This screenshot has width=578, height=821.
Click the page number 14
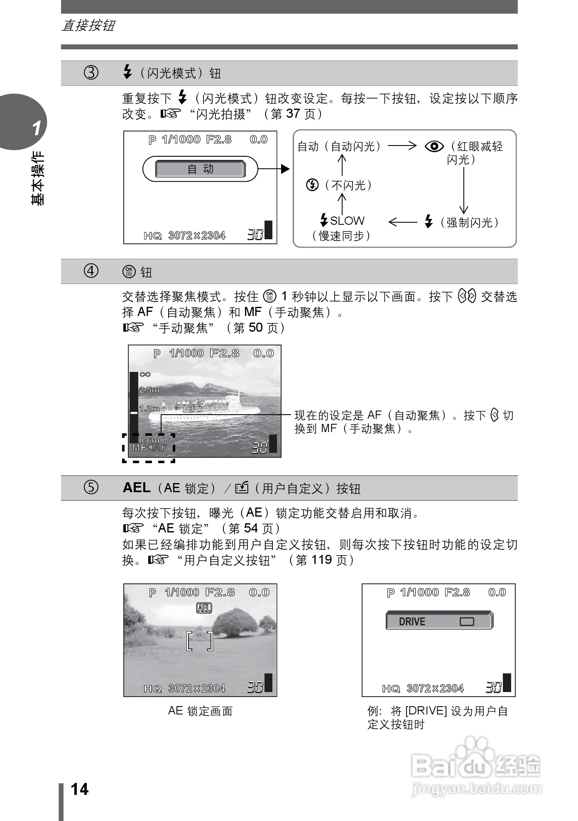click(79, 789)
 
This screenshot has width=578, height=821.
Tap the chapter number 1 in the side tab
click(37, 128)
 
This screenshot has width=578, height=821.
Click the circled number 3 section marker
click(91, 73)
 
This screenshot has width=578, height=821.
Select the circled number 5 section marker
click(91, 488)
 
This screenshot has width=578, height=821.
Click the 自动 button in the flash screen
click(200, 169)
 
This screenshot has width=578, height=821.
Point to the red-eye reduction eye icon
click(434, 146)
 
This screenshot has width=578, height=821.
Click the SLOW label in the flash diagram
click(347, 221)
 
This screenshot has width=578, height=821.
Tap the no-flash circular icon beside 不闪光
click(312, 185)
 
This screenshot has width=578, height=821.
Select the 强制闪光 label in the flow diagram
click(470, 223)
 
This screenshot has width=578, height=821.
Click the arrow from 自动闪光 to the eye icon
click(402, 146)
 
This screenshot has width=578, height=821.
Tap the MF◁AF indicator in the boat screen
click(149, 448)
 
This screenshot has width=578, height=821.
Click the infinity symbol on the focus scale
click(145, 374)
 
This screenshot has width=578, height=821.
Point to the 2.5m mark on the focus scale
click(149, 390)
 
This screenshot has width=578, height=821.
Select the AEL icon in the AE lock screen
click(204, 608)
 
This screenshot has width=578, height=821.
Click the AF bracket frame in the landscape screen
click(200, 641)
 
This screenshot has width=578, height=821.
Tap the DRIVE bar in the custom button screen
click(439, 621)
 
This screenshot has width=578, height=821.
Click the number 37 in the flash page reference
click(293, 114)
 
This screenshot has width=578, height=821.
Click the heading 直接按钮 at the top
click(88, 26)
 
